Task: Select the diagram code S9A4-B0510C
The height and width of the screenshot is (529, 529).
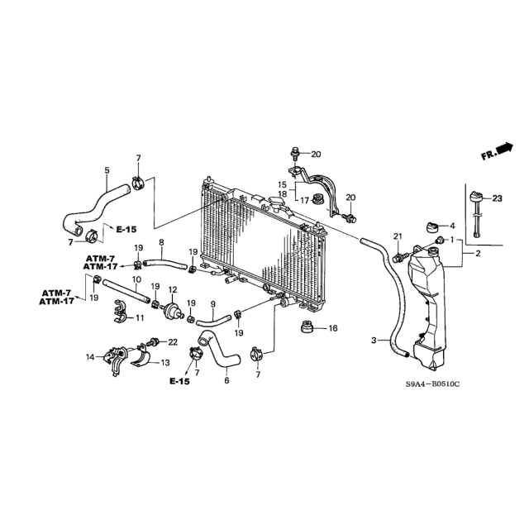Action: pyautogui.click(x=433, y=384)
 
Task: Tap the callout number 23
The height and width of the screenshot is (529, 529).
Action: pyautogui.click(x=497, y=198)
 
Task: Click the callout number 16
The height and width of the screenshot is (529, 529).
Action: pyautogui.click(x=333, y=328)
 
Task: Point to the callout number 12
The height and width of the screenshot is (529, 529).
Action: pyautogui.click(x=173, y=289)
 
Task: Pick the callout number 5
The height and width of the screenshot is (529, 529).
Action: pyautogui.click(x=107, y=170)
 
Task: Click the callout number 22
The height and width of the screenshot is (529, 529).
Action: pyautogui.click(x=173, y=342)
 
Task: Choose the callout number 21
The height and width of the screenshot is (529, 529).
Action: pyautogui.click(x=398, y=236)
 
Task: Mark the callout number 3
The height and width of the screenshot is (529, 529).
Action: pyautogui.click(x=374, y=341)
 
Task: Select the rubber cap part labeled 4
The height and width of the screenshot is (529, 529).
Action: pyautogui.click(x=432, y=227)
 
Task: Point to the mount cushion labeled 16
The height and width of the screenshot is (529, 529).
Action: pyautogui.click(x=307, y=326)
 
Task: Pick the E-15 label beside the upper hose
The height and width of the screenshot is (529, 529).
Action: pyautogui.click(x=126, y=230)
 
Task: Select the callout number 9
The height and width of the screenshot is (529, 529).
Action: pyautogui.click(x=213, y=304)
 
